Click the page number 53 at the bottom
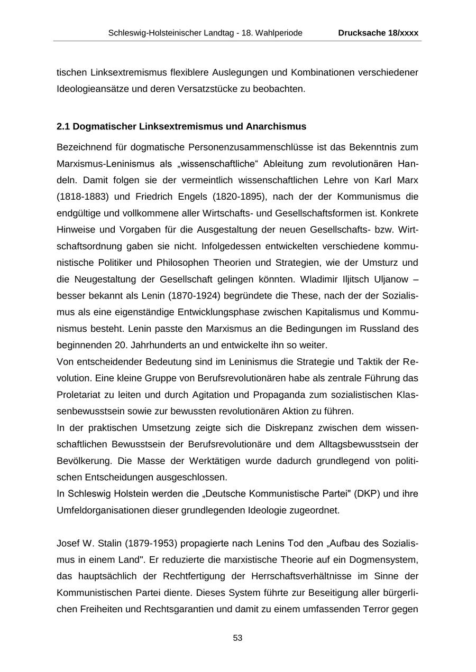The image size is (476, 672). (237, 638)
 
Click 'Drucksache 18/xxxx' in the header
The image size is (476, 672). (378, 33)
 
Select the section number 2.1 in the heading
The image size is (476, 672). (63, 127)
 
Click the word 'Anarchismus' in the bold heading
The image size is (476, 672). (276, 127)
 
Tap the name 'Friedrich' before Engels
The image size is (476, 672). (159, 197)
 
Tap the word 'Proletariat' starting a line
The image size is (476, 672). (77, 395)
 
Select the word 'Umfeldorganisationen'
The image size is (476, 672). (101, 511)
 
